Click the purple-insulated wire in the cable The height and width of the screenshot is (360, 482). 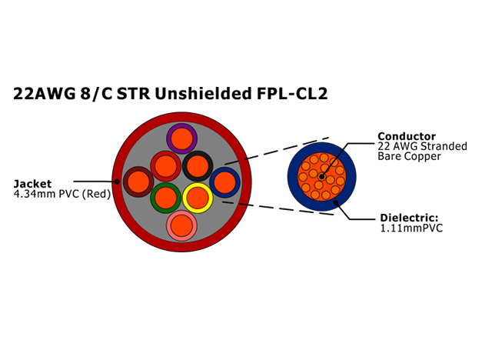182,138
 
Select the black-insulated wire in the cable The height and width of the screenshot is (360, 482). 198,166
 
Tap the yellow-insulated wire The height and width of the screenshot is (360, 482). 198,198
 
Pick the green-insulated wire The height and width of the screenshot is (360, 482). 166,198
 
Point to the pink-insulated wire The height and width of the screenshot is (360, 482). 181,226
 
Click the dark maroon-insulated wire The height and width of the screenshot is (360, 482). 138,182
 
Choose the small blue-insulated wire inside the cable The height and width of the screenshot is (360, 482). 225,182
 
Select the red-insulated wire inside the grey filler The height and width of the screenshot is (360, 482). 166,166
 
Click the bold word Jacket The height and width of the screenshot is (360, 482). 32,184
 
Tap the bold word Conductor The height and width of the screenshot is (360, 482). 407,136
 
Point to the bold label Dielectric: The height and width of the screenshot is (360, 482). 409,218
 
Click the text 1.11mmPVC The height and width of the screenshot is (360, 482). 411,228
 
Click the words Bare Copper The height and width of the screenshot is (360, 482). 409,156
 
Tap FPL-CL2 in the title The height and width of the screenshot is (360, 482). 292,94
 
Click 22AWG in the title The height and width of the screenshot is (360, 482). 45,94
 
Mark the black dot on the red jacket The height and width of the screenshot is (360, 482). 117,182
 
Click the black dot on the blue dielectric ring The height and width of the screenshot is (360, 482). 336,202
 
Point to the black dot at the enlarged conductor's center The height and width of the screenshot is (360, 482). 322,177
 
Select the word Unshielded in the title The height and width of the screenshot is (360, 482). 204,94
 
